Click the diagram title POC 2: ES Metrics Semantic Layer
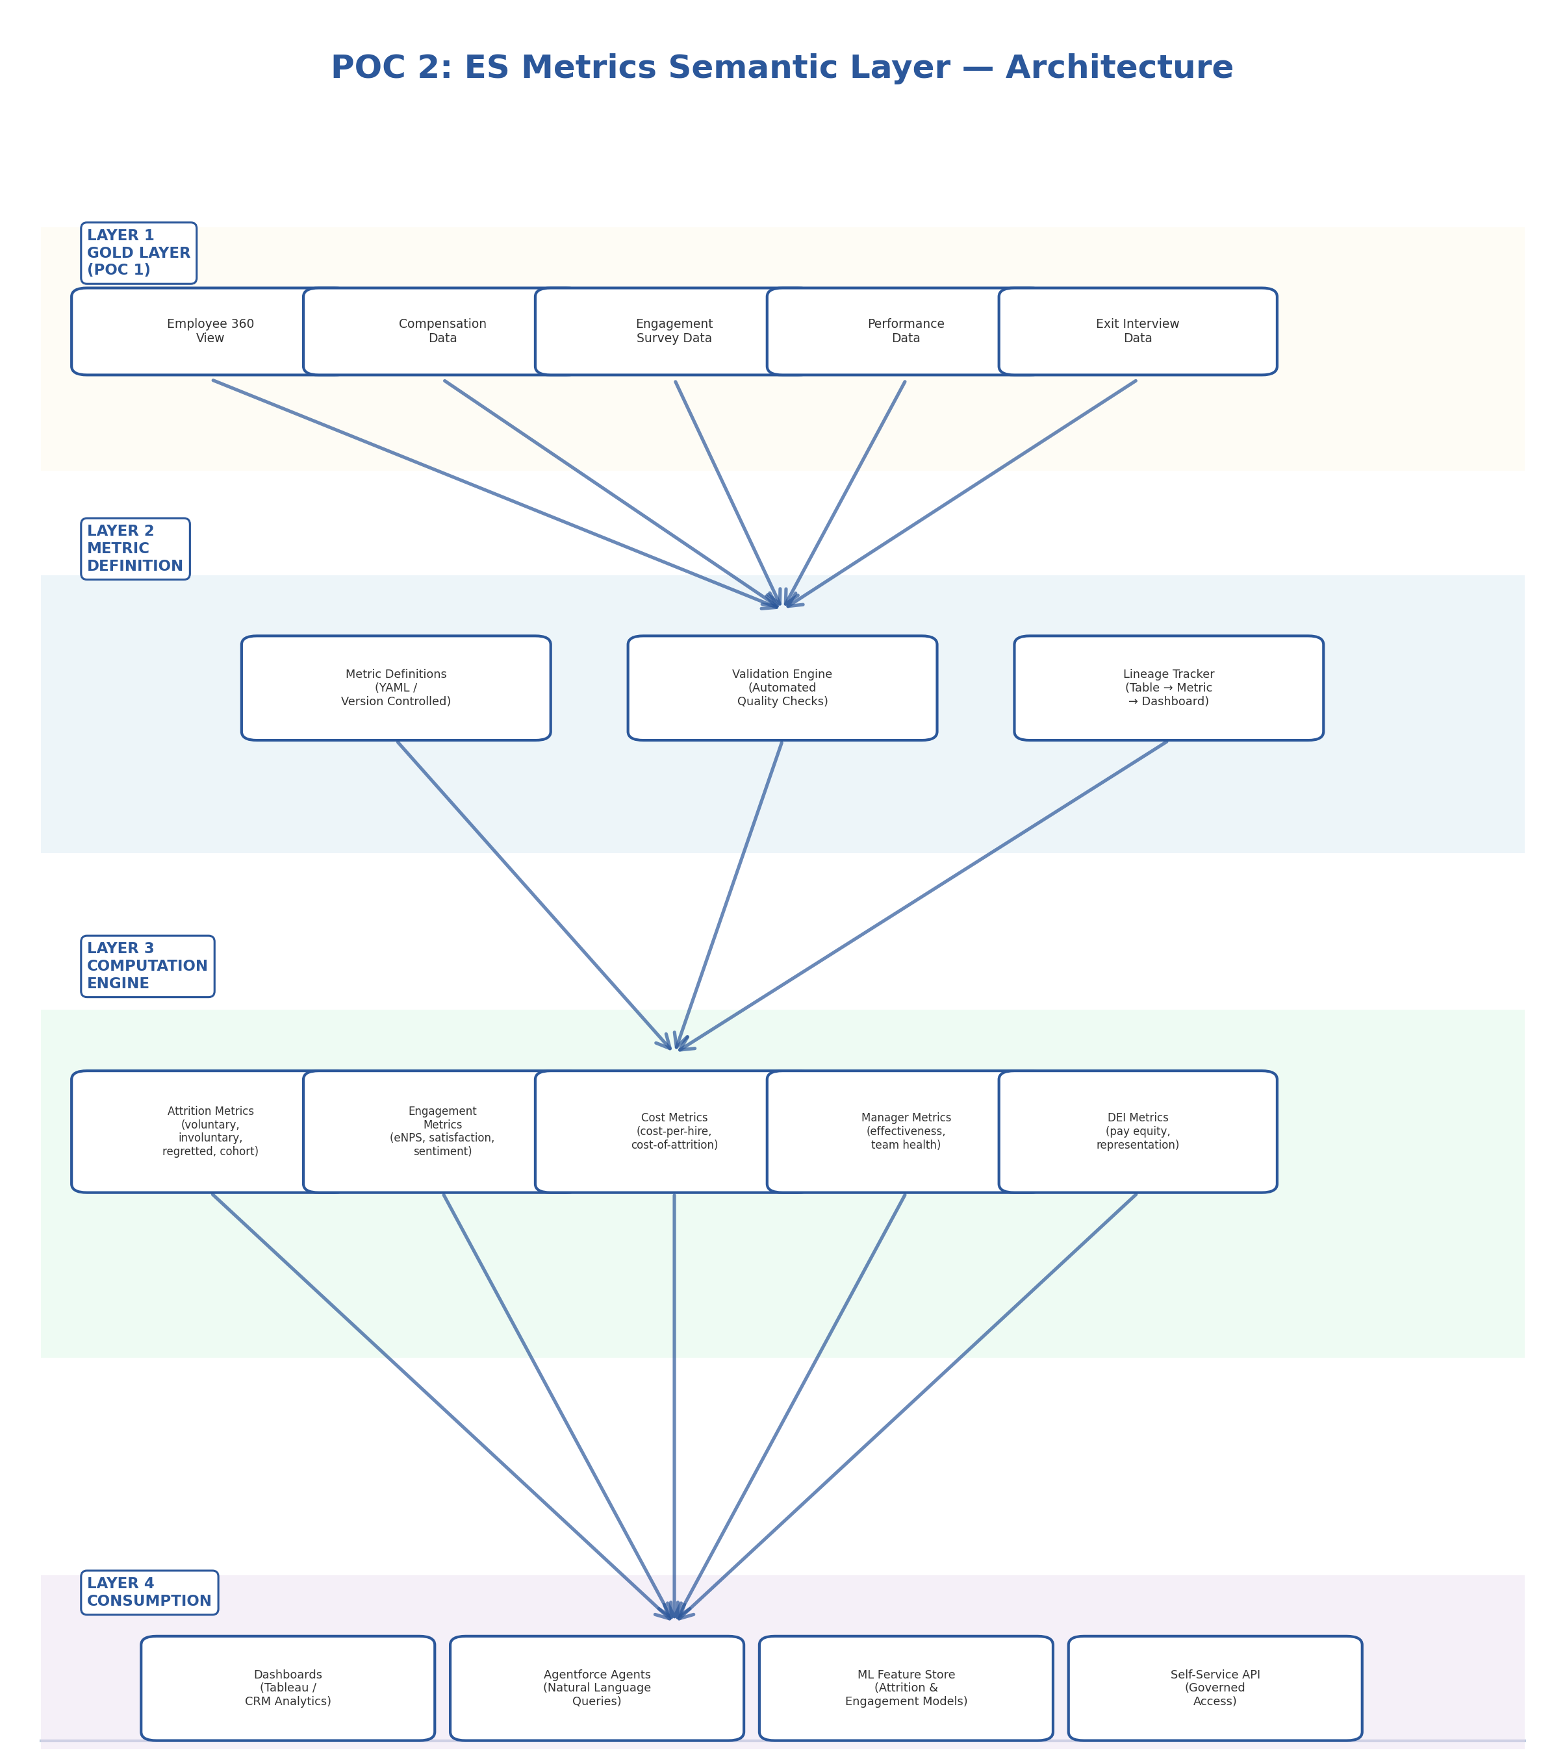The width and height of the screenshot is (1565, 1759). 782,68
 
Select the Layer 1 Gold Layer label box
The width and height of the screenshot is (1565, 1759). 138,253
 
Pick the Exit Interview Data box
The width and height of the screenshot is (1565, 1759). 1137,331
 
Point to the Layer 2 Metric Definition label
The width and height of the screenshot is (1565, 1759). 135,549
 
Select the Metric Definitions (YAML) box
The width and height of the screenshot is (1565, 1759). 396,688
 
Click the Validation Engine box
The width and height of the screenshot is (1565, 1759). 782,688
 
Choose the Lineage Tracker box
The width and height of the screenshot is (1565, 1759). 1168,688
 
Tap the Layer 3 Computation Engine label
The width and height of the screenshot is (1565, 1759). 147,966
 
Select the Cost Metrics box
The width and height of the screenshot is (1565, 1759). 674,1132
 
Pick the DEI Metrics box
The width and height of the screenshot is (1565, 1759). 1137,1132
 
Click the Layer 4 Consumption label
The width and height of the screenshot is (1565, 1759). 149,1593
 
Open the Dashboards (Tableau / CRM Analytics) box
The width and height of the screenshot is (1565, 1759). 288,1688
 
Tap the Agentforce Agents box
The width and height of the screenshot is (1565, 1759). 596,1688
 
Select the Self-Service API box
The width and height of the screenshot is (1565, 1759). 1215,1688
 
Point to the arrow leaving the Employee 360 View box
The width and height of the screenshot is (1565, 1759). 495,493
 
